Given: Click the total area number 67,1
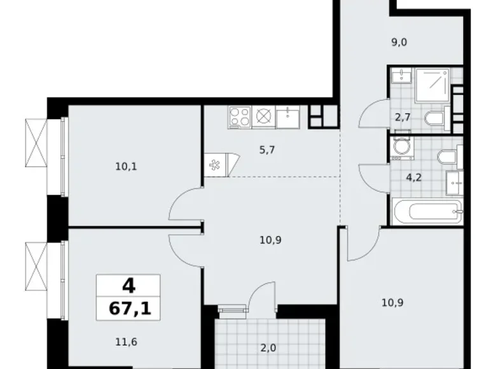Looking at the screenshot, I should point(128,310).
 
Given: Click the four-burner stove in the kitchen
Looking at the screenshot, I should point(239,116).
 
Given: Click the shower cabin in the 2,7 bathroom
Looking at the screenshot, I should point(432,86).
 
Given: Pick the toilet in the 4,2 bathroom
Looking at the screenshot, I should point(446,155).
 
